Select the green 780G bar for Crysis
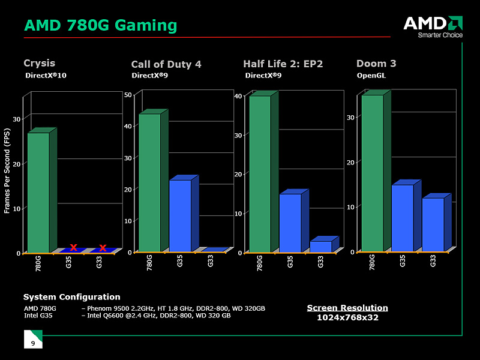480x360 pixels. tap(38, 192)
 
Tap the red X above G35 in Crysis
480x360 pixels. tap(73, 247)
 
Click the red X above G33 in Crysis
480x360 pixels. tap(103, 248)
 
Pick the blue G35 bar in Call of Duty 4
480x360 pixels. tap(180, 215)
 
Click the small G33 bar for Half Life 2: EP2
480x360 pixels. tap(320, 246)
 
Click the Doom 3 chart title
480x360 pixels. tap(376, 64)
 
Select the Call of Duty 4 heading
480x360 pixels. tap(166, 64)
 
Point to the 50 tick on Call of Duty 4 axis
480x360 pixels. tap(128, 95)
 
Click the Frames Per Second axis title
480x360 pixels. tap(7, 171)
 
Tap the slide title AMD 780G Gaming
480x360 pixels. tap(101, 26)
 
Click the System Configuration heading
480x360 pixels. tap(71, 297)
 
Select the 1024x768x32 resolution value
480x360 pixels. tap(347, 317)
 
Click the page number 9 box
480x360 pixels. tap(33, 340)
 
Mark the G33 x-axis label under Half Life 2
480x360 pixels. tap(320, 262)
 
